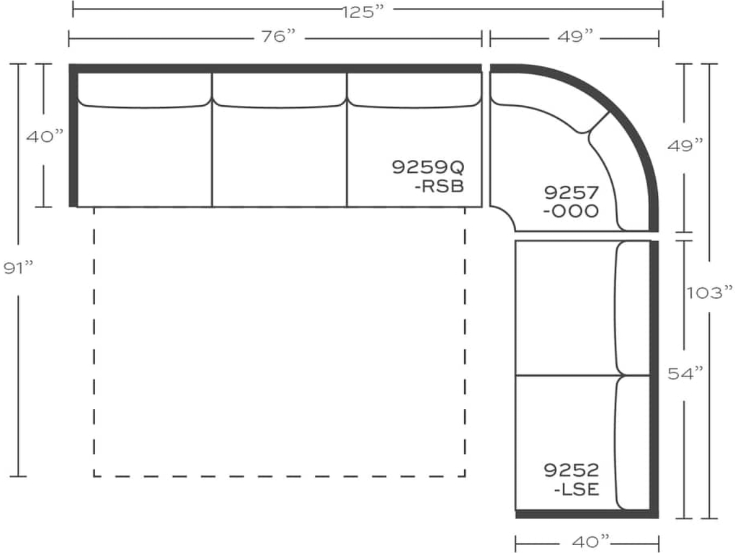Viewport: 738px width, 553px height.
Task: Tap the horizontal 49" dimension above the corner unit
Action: coord(574,37)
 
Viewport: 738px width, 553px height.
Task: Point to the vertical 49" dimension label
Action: coord(685,147)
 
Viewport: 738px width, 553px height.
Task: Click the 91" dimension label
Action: coord(19,268)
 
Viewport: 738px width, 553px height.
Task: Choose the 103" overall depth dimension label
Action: coord(709,292)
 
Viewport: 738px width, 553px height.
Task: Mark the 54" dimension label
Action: coord(685,373)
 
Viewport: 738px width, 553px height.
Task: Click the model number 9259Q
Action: coord(428,167)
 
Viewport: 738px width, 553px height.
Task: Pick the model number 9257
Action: coord(571,192)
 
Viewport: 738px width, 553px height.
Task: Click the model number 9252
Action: coord(571,470)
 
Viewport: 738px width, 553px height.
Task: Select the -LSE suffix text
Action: coord(577,490)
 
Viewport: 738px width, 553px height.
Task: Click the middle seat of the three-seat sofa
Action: coord(279,155)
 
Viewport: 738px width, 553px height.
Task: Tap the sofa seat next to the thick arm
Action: coord(144,155)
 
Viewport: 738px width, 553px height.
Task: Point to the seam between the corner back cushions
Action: coord(598,123)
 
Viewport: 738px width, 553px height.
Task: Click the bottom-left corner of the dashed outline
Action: coord(94,476)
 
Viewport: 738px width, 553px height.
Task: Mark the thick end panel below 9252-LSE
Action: coord(587,513)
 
